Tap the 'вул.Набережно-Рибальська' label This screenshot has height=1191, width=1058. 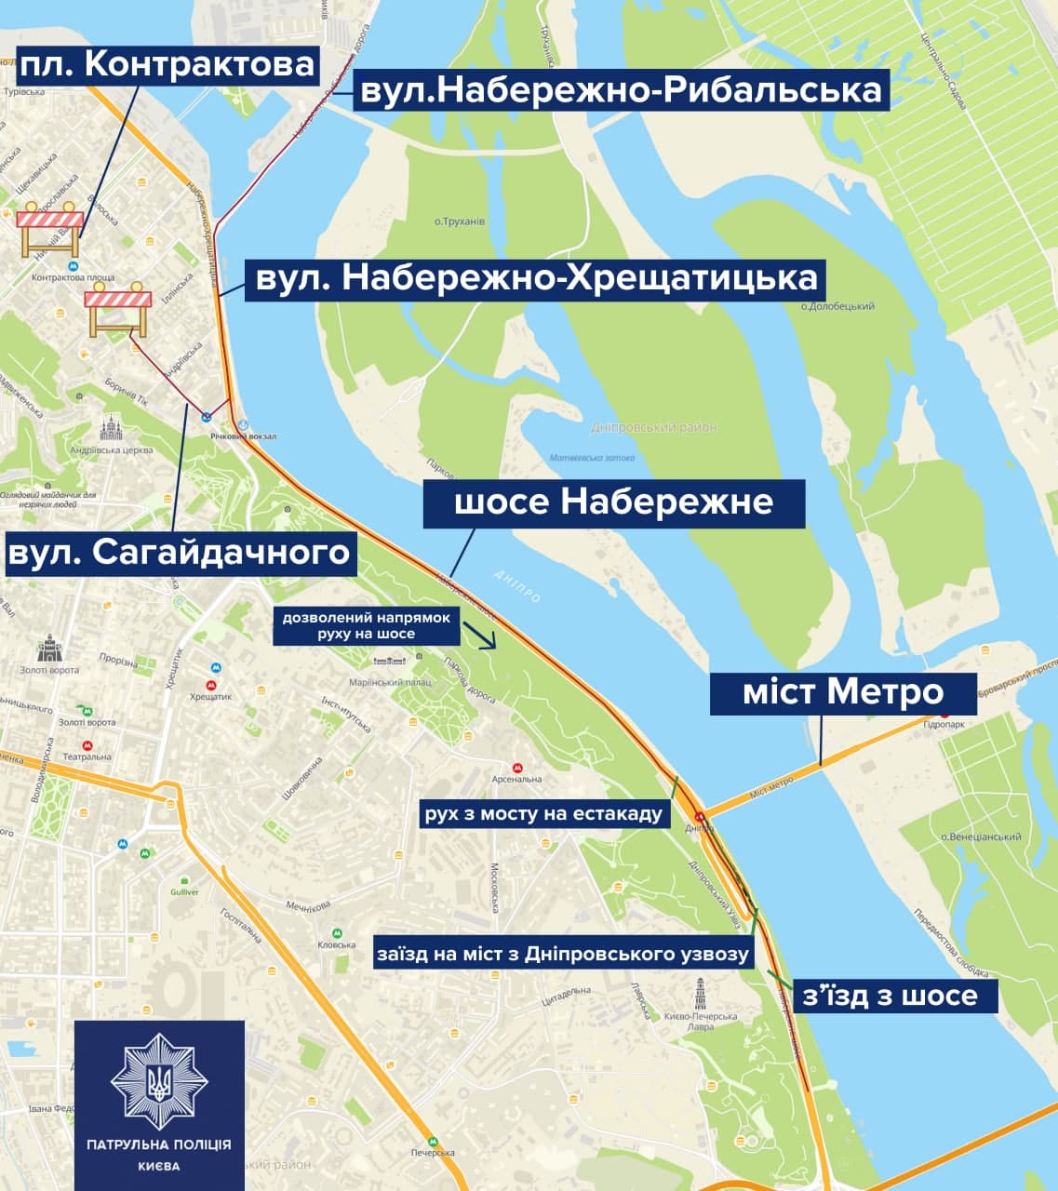pos(621,91)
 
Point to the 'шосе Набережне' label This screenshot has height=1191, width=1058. pos(614,503)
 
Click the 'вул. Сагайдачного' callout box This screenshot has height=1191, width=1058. pos(179,553)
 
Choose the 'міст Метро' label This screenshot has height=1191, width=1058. pos(843,693)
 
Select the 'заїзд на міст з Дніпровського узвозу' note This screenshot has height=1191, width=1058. pos(563,954)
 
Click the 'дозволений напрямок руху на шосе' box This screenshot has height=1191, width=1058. pos(366,625)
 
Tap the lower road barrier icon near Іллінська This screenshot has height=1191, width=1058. pos(118,307)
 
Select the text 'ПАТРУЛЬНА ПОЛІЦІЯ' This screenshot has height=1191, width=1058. pos(159,1145)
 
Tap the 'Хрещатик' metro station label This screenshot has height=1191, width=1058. pos(210,695)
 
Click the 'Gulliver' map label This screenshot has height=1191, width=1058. pos(184,891)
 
